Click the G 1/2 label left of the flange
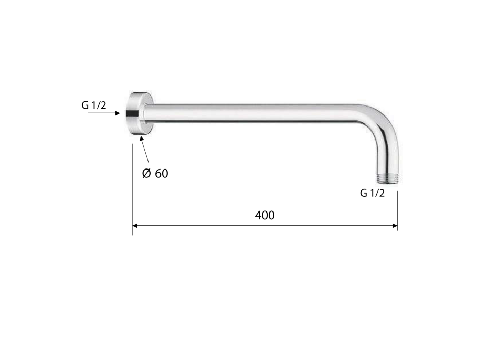[x=93, y=105]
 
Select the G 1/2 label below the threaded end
[x=372, y=193]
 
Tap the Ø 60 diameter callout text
[x=155, y=173]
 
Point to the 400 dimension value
[x=264, y=215]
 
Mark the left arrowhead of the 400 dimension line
[x=135, y=226]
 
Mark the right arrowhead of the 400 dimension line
[x=394, y=226]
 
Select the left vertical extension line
[x=132, y=189]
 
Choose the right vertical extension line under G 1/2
[x=397, y=210]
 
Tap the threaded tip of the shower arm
[x=387, y=177]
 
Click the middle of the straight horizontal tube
[x=257, y=113]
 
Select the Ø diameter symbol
[x=146, y=173]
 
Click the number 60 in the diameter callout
[x=162, y=173]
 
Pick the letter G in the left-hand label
[x=85, y=105]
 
